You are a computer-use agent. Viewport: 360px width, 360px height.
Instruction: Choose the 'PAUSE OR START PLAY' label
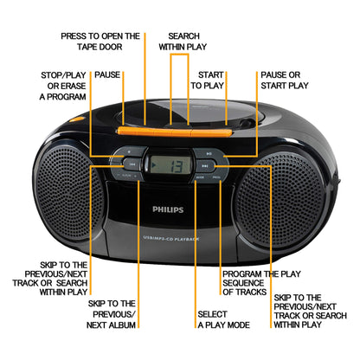pyautogui.click(x=285, y=80)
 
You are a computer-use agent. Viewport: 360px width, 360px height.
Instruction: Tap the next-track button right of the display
pyautogui.click(x=203, y=163)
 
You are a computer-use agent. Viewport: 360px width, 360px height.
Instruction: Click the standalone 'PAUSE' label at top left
pyautogui.click(x=107, y=75)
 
